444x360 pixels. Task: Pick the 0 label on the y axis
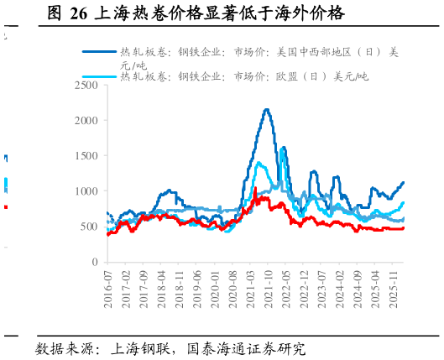click(96, 263)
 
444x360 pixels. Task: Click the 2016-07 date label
click(108, 289)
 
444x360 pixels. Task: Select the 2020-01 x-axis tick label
click(216, 289)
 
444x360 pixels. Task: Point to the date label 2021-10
click(269, 289)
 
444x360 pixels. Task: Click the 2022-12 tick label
click(305, 289)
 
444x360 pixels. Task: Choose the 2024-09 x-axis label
click(358, 289)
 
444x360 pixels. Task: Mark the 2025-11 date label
click(394, 289)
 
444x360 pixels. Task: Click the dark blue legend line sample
click(100, 51)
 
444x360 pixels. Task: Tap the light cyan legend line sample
click(100, 76)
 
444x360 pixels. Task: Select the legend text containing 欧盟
click(243, 76)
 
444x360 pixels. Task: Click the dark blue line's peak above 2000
click(266, 109)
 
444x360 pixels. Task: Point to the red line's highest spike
click(254, 189)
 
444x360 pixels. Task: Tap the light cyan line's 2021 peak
click(259, 162)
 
